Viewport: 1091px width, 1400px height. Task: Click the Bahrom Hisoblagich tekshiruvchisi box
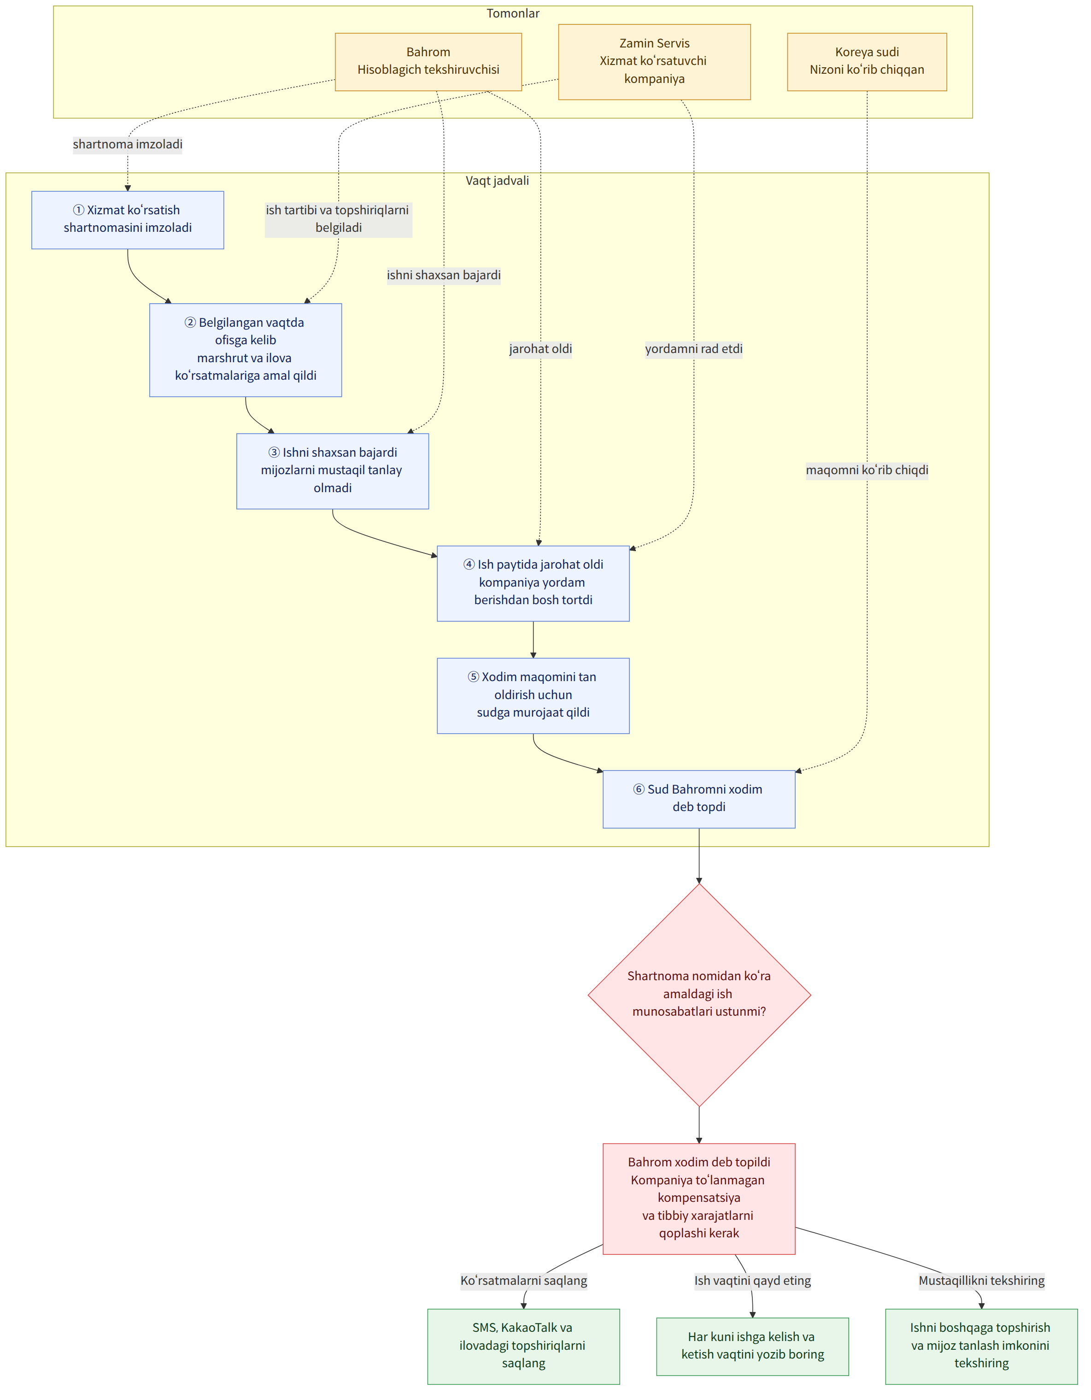[x=428, y=62]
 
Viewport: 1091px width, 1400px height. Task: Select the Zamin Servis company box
[x=655, y=62]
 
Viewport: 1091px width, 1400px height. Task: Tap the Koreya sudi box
[x=867, y=62]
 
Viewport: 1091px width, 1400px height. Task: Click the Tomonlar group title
[x=513, y=13]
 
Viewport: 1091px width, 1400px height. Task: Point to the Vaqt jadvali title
[x=498, y=180]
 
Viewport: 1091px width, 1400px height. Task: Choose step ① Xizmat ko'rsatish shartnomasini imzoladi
[x=128, y=220]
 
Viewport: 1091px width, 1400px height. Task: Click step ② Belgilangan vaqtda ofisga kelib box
[x=246, y=350]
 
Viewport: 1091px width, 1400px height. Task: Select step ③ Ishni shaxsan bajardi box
[x=333, y=471]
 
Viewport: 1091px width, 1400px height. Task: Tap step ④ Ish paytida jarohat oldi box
[x=534, y=583]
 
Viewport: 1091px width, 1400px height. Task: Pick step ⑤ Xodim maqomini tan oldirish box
[x=534, y=695]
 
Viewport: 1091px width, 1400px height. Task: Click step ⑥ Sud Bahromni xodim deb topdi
[x=699, y=800]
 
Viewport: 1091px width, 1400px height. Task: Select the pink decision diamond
[x=699, y=995]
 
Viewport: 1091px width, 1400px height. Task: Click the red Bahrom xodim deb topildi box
[x=699, y=1199]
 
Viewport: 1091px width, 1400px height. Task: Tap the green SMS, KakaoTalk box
[x=524, y=1346]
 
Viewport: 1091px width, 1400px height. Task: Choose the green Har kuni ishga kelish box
[x=752, y=1346]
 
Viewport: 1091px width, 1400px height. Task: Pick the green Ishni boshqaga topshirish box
[x=981, y=1346]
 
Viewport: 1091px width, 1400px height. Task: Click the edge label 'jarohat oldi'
[x=540, y=349]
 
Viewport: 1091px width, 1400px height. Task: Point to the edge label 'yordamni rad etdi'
[x=693, y=349]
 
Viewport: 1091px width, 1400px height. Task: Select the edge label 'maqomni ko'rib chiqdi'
[x=867, y=470]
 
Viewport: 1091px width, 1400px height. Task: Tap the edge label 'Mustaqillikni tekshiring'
[x=981, y=1281]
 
